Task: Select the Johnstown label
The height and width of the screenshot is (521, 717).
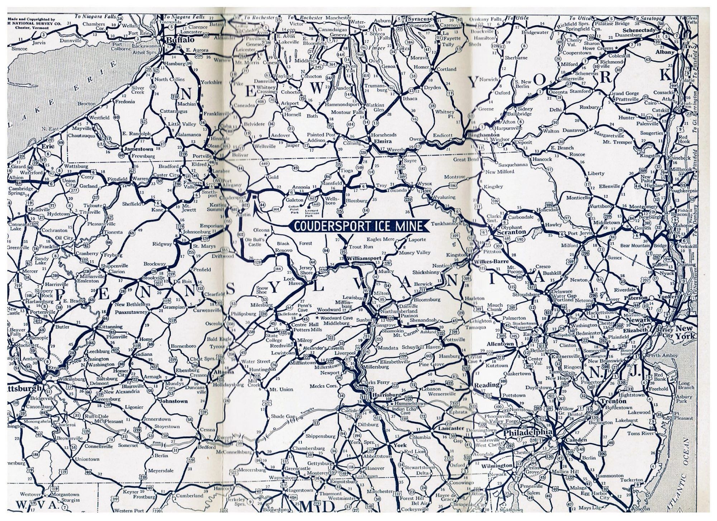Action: (174, 401)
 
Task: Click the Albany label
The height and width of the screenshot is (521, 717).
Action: (665, 52)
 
